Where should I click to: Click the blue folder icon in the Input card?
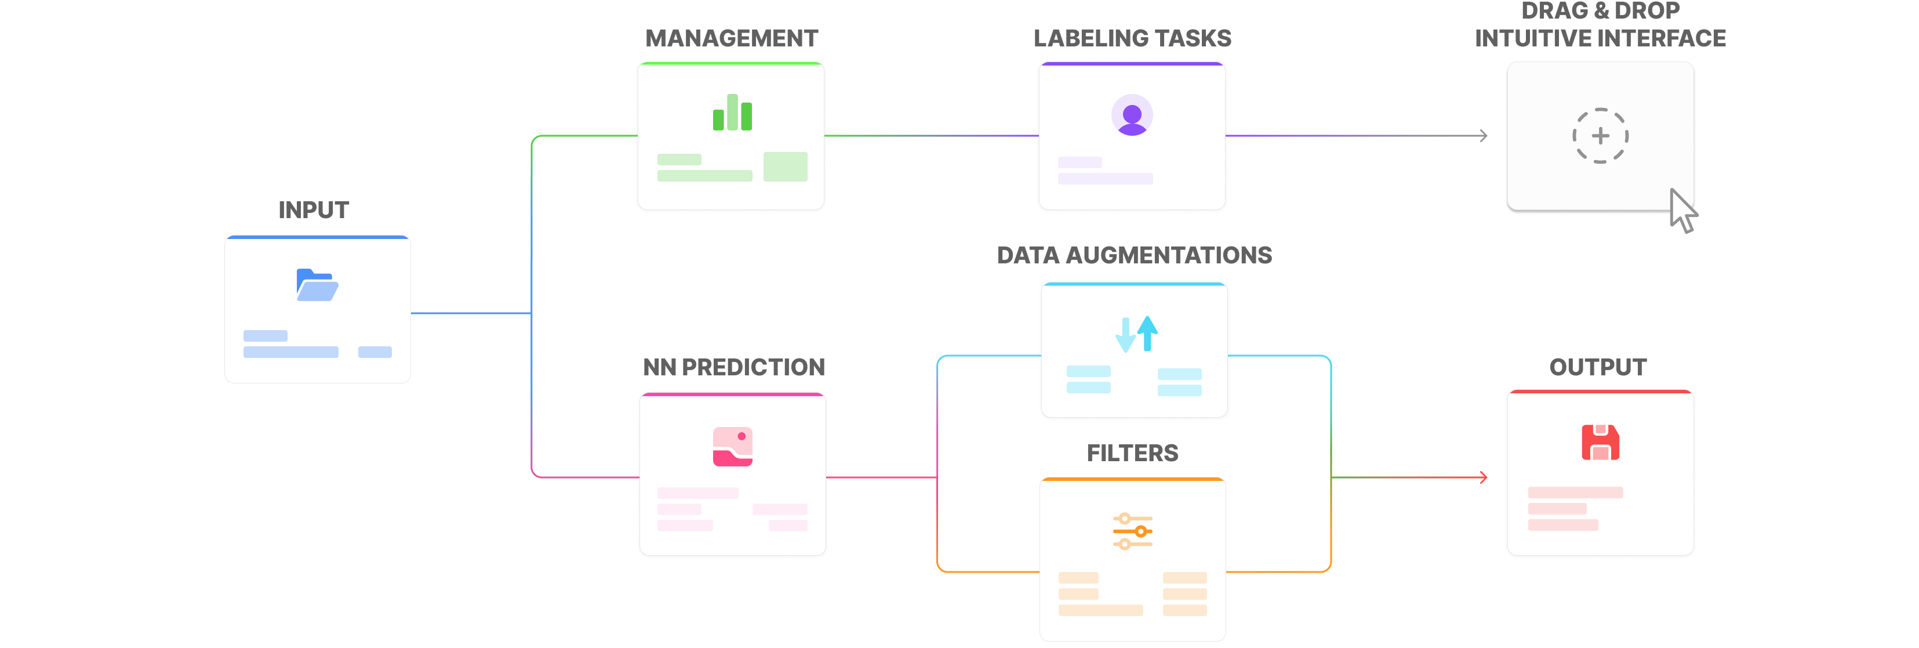317,285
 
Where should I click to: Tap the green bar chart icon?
732,113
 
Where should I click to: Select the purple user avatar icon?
1132,115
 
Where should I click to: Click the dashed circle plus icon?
1600,136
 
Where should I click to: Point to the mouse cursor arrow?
1681,211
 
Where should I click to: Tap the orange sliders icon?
1132,531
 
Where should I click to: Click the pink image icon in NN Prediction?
732,446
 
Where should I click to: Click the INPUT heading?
314,210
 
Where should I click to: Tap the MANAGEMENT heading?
732,38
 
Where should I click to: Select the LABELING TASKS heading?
1132,38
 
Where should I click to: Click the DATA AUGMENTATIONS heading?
1134,255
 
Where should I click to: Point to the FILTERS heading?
1132,452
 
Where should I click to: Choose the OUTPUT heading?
1598,367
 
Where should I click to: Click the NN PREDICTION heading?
734,367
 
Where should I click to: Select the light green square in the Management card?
785,166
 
